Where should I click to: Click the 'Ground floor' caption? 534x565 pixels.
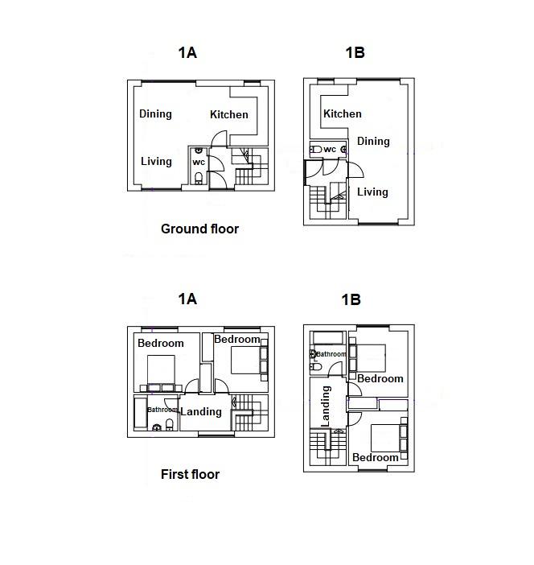click(199, 229)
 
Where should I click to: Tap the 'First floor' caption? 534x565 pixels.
click(190, 474)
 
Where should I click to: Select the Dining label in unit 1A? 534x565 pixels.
click(155, 113)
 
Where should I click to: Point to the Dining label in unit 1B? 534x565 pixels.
click(373, 142)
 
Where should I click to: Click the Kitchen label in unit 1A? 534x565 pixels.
click(229, 114)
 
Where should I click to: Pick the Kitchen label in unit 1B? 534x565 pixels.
click(343, 114)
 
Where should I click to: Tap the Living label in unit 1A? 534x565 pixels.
click(156, 161)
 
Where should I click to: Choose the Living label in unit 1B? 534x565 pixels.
click(372, 192)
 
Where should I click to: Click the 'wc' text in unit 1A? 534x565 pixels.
click(199, 162)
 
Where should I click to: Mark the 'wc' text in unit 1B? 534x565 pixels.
click(330, 149)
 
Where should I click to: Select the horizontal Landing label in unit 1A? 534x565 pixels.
click(201, 411)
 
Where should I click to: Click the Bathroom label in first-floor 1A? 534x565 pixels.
click(162, 409)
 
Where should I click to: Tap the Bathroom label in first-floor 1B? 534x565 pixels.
click(331, 354)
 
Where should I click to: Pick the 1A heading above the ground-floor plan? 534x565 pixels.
click(187, 53)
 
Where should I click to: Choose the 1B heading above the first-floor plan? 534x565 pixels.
click(351, 299)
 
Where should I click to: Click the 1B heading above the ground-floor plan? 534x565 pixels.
click(355, 53)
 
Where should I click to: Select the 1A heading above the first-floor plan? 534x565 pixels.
click(187, 299)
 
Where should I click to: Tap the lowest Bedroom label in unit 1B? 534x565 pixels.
click(376, 457)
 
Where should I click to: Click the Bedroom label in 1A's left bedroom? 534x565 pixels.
click(161, 343)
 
